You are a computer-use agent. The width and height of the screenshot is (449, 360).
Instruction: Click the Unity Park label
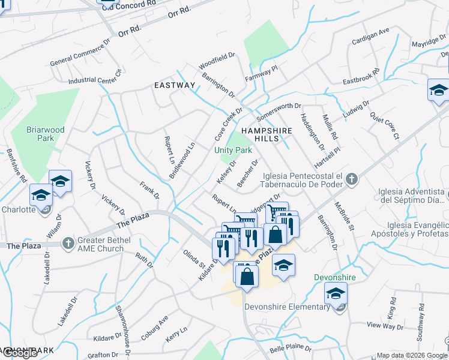pos(234,149)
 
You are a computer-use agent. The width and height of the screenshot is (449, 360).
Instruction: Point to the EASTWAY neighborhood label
pos(175,85)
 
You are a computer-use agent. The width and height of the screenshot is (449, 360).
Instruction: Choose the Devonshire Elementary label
pos(288,307)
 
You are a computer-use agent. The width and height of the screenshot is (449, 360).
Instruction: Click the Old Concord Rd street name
pos(128,4)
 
